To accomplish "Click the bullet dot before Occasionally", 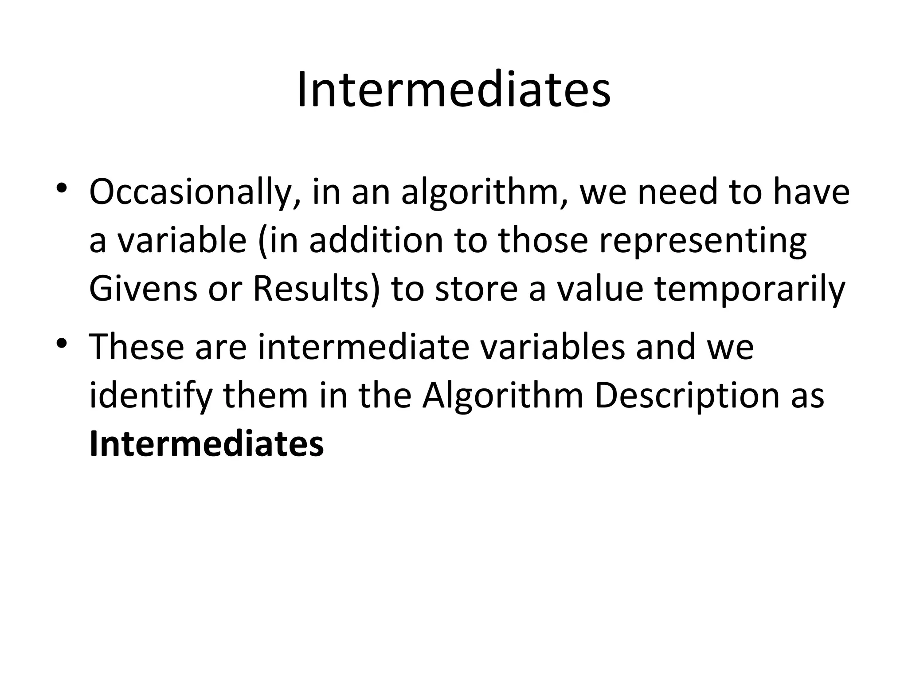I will click(62, 189).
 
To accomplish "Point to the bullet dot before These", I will click(62, 343).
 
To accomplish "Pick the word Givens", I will click(143, 289).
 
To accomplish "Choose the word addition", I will click(376, 240).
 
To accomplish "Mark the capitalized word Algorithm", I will click(502, 395).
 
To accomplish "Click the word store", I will click(476, 289).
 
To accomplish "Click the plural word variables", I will click(552, 347).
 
